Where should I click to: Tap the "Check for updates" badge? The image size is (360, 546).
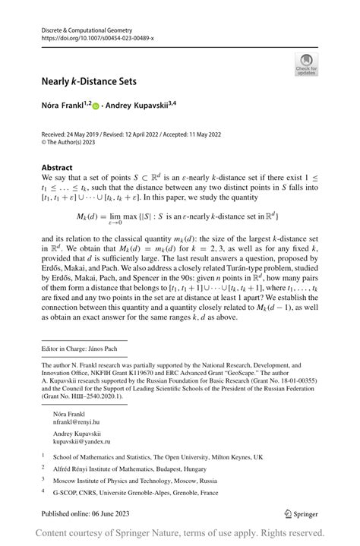(306, 64)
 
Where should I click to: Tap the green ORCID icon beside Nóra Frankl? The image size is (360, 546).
(97, 106)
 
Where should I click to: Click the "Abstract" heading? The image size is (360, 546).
(57, 167)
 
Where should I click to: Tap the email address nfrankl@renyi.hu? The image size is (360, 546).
(76, 421)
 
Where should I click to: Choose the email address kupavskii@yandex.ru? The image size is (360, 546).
(81, 440)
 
